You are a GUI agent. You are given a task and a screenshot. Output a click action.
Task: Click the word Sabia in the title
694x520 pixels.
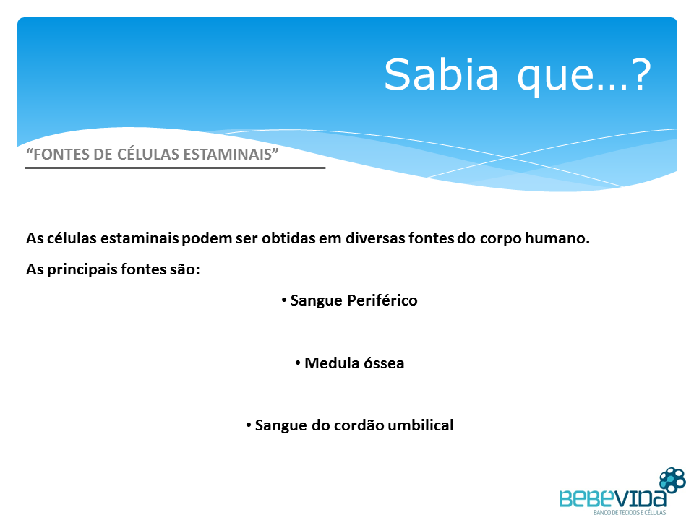[441, 74]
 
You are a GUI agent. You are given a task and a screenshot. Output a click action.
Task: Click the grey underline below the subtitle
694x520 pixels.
[175, 168]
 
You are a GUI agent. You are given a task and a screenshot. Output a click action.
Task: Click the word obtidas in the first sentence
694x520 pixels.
[288, 238]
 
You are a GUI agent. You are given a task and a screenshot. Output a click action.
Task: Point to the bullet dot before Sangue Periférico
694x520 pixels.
[284, 300]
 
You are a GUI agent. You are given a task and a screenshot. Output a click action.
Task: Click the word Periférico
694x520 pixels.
[382, 300]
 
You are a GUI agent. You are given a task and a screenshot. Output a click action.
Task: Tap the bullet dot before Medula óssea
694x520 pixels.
[299, 363]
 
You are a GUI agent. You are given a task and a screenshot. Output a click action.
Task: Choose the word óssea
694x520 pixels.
[383, 363]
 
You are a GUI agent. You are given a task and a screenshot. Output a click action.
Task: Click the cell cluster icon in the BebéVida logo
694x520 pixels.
[672, 480]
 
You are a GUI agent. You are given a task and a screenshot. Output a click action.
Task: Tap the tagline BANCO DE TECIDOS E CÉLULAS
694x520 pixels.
[630, 513]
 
